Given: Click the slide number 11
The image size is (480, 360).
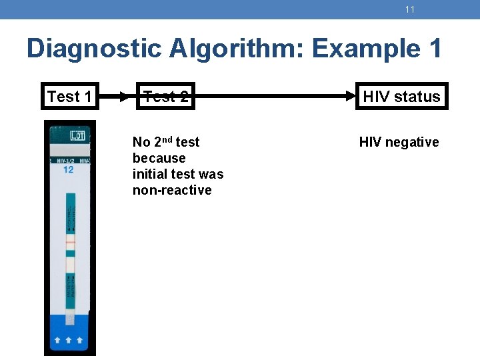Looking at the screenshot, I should [409, 9].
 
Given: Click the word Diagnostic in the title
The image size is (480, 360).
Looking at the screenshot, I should [93, 49].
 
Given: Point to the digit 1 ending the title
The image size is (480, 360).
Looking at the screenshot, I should [433, 49].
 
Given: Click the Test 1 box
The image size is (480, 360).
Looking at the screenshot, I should [69, 97].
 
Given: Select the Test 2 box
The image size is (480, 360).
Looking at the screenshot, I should [166, 97].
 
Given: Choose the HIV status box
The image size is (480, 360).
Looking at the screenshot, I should [401, 97].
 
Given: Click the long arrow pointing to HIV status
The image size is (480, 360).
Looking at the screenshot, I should [273, 97].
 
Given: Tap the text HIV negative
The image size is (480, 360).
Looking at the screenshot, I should [399, 142].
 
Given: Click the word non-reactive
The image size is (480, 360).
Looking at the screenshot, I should [172, 190].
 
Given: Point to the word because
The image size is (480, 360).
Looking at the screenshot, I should [159, 158].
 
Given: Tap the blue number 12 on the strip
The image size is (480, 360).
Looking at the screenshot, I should [68, 169].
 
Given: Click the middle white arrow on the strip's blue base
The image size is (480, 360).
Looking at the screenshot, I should [70, 340].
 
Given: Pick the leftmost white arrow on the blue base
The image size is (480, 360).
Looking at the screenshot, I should [58, 340].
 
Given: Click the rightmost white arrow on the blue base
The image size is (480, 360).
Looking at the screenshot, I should [81, 340].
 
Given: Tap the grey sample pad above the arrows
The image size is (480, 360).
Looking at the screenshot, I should [71, 319].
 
